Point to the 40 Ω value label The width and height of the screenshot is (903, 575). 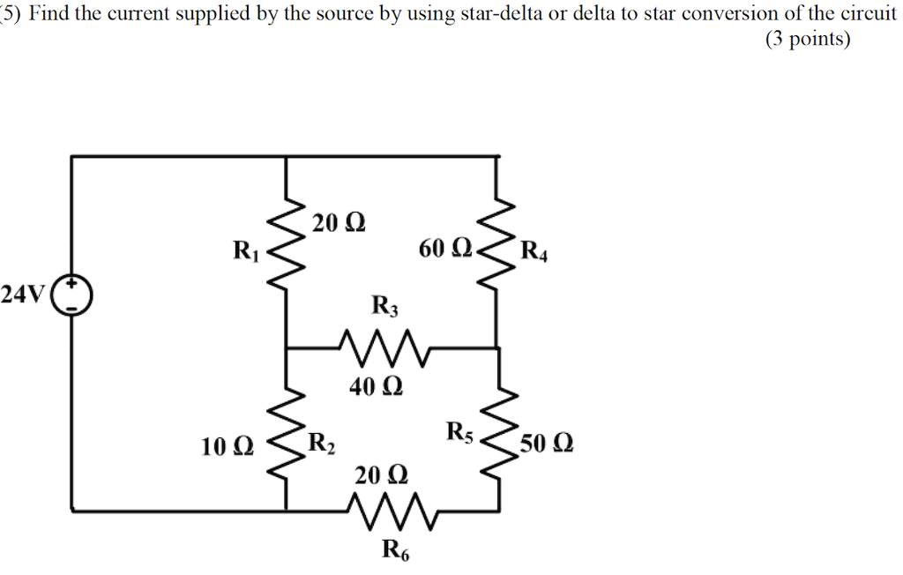point(376,386)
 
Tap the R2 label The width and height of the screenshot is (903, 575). point(321,442)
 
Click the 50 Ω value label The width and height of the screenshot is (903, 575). point(547,443)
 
